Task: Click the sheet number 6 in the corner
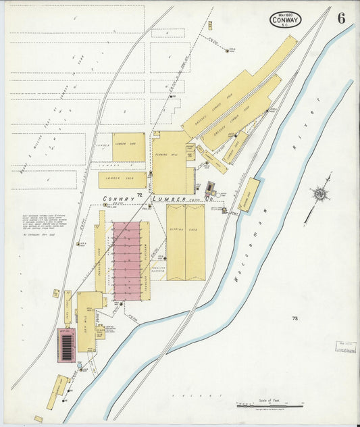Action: click(342, 18)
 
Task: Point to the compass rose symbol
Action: click(318, 194)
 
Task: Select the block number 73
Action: click(295, 318)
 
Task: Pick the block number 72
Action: click(139, 195)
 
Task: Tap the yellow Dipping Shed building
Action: click(185, 242)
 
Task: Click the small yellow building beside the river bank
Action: click(249, 195)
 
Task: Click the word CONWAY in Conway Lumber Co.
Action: click(119, 199)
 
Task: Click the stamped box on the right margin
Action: click(346, 347)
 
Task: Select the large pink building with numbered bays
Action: click(126, 260)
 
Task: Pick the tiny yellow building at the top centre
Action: click(209, 25)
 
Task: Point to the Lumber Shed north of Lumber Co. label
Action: click(122, 179)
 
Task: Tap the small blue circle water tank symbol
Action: click(80, 366)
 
